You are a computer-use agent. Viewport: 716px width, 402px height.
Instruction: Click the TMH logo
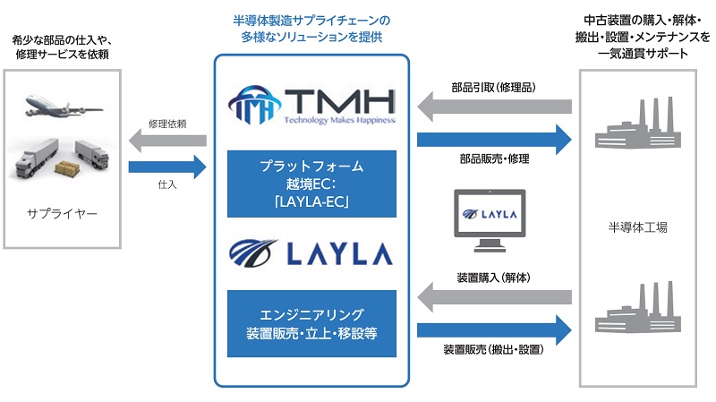(x=311, y=98)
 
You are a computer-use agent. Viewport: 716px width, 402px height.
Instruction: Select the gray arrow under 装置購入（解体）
(x=493, y=297)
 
